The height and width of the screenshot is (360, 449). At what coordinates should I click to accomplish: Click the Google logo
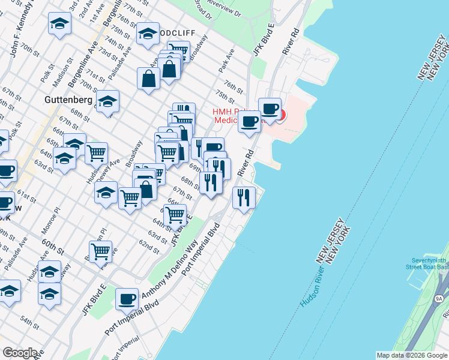[x=20, y=353]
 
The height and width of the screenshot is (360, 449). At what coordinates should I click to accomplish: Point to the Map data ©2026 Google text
[x=412, y=355]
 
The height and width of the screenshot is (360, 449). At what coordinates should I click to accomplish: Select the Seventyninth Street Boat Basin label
[x=427, y=262]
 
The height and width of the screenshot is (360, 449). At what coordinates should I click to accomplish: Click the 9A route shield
[x=439, y=298]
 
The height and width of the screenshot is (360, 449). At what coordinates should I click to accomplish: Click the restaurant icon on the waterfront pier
[x=244, y=197]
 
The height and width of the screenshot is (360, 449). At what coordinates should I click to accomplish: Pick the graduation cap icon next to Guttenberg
[x=107, y=101]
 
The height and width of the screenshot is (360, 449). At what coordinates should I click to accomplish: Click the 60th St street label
[x=52, y=244]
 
